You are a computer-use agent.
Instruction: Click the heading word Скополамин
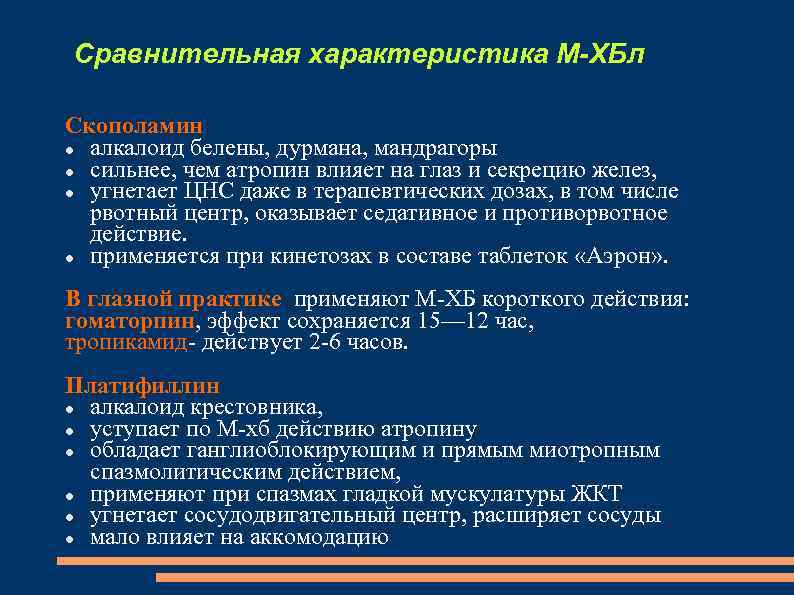coord(134,126)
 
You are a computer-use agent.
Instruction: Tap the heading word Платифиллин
coord(142,385)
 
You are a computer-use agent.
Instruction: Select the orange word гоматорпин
coord(130,321)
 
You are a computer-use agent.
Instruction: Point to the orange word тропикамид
coord(126,342)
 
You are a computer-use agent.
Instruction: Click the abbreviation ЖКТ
coord(595,494)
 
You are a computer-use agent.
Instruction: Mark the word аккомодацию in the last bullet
coord(319,537)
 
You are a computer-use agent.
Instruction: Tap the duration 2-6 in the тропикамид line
coord(326,342)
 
